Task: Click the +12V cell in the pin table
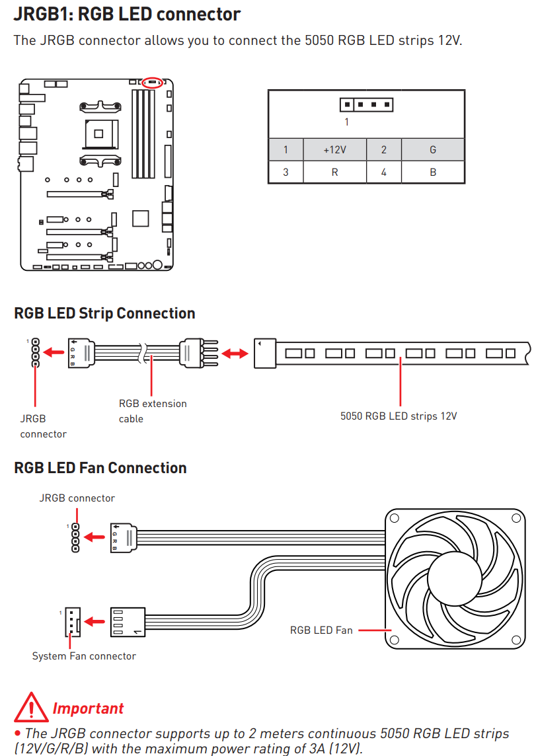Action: (334, 149)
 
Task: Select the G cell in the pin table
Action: (432, 149)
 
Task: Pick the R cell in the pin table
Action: (334, 172)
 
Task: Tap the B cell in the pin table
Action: (432, 172)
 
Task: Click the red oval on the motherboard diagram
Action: (153, 84)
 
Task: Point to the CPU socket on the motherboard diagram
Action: (99, 133)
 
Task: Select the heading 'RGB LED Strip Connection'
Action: (104, 313)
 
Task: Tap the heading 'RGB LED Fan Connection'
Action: (100, 468)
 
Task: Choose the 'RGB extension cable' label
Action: (153, 410)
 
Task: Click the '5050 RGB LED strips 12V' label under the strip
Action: (399, 416)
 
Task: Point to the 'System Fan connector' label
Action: (84, 656)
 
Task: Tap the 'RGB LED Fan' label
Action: (321, 630)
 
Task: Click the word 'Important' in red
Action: (88, 708)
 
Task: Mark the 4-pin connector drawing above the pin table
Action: (366, 104)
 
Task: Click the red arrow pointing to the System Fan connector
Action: (96, 622)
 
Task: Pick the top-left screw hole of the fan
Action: (395, 519)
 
